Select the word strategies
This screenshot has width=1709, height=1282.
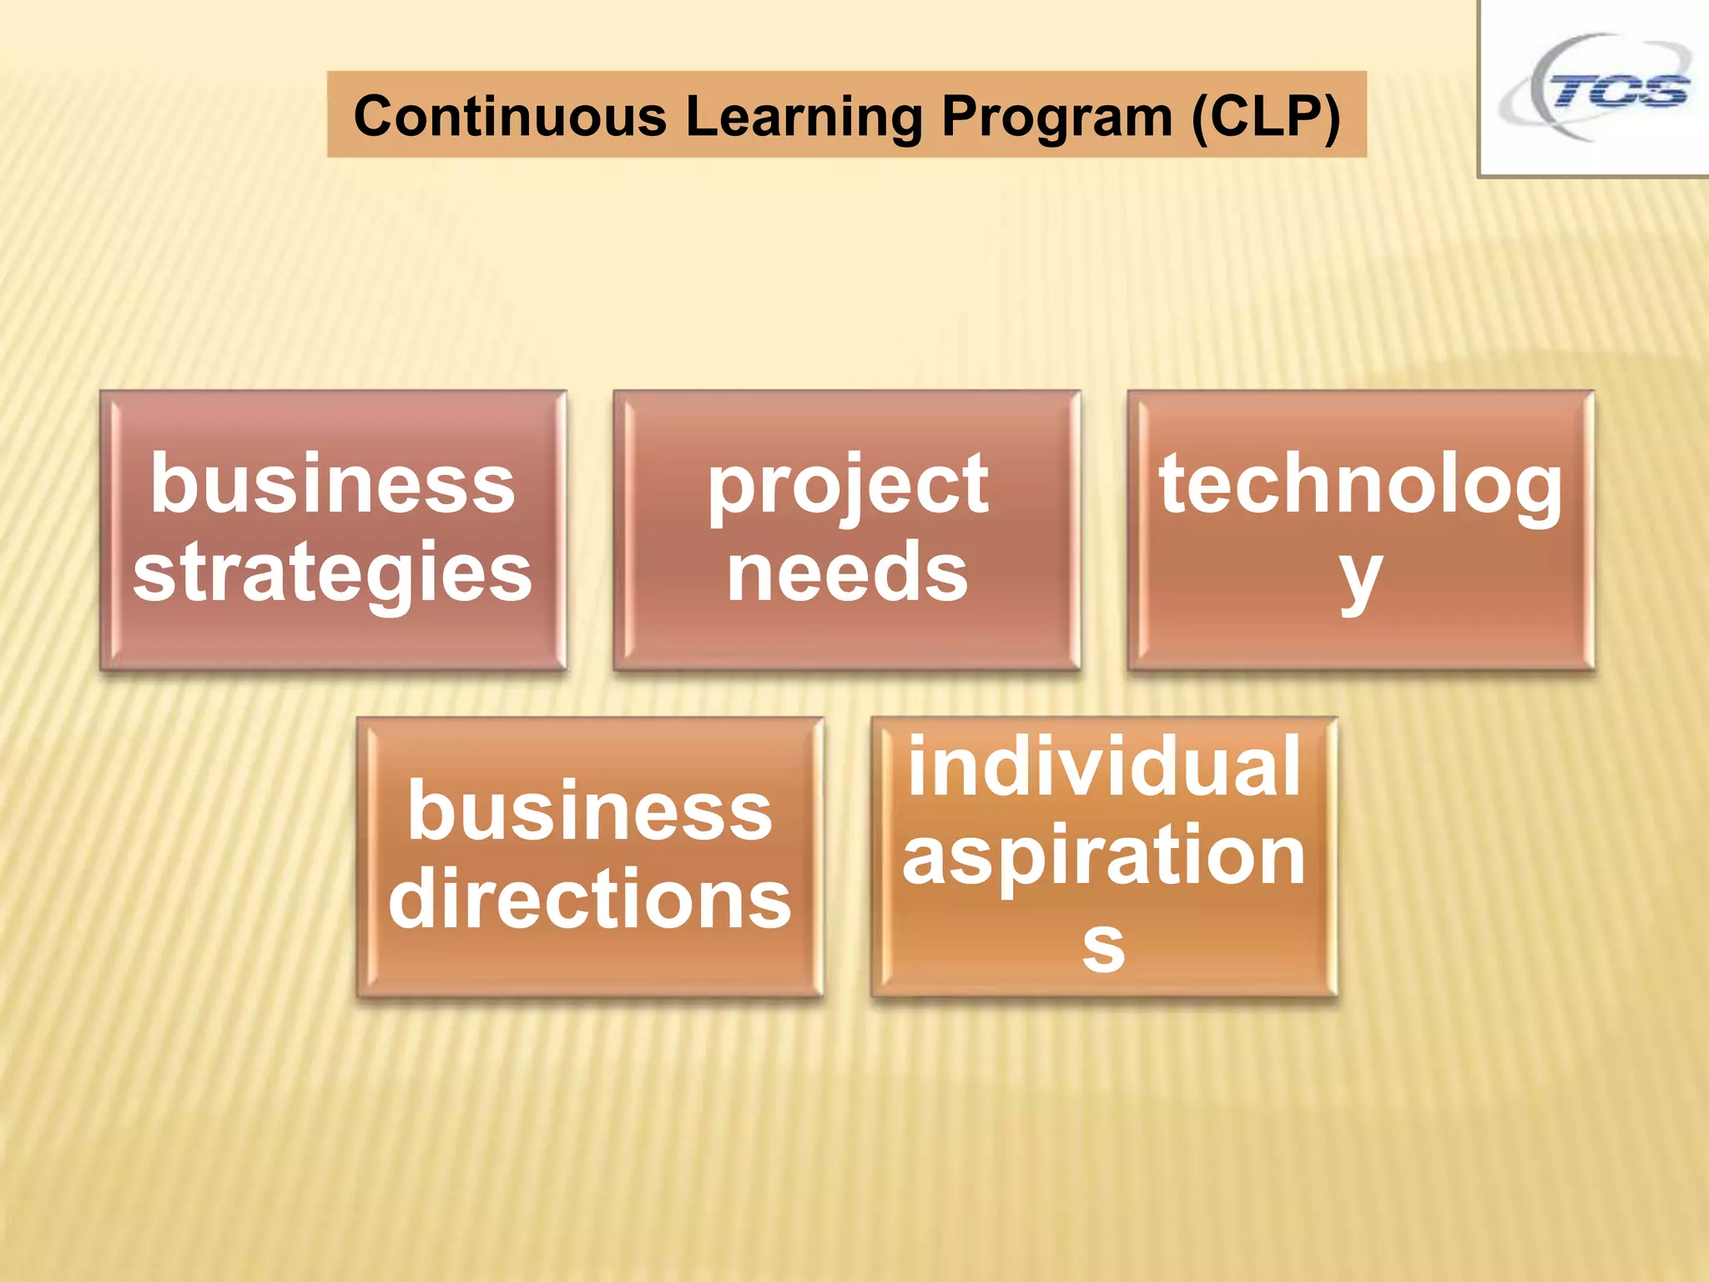tap(333, 573)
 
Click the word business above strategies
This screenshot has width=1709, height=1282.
tap(333, 484)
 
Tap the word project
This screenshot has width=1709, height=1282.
tap(848, 486)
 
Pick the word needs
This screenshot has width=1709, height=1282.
tap(848, 573)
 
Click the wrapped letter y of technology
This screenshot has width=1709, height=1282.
tap(1361, 576)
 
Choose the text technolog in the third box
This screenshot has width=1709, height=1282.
tap(1361, 486)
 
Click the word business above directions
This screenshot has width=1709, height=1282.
tap(590, 811)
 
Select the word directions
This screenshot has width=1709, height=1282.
tap(590, 898)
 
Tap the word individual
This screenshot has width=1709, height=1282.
tap(1104, 766)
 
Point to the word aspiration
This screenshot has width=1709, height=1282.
tap(1104, 855)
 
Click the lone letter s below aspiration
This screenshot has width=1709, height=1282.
tap(1104, 946)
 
